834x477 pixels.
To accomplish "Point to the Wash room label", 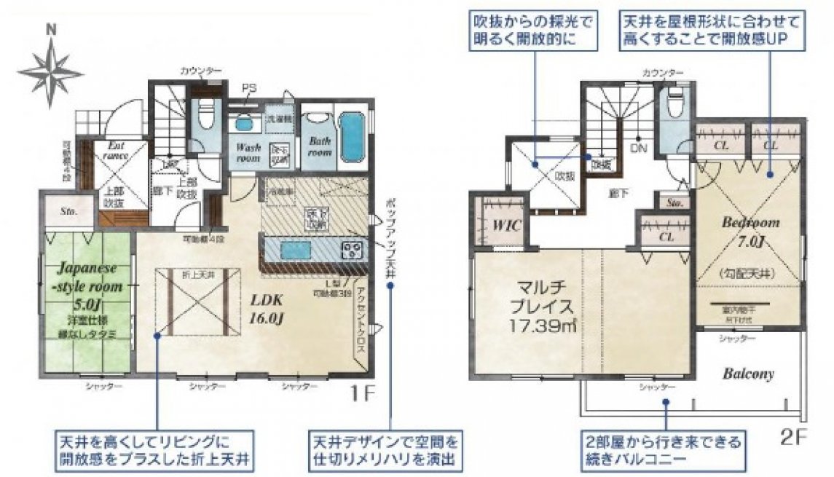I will click(x=247, y=151).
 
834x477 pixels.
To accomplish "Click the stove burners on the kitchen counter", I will click(x=353, y=250).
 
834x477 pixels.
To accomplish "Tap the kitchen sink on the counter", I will click(x=291, y=251).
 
